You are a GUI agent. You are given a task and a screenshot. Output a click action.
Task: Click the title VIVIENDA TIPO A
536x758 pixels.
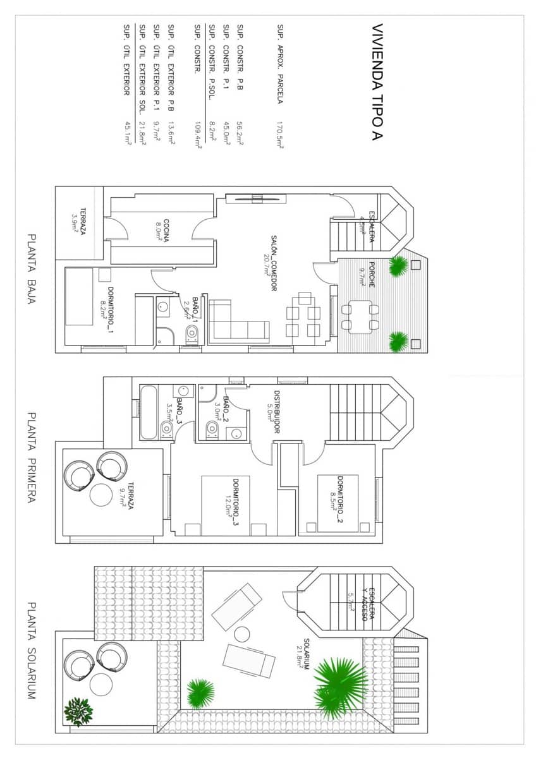point(377,82)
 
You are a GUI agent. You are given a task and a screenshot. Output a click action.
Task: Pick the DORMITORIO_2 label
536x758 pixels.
point(339,501)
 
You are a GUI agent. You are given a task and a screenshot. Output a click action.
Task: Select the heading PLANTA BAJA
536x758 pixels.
point(32,270)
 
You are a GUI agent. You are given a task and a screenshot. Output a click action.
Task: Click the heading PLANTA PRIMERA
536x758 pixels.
point(32,459)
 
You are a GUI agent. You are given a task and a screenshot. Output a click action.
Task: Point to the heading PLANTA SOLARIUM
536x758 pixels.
point(32,651)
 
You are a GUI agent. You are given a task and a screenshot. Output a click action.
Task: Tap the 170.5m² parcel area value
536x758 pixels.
point(279,135)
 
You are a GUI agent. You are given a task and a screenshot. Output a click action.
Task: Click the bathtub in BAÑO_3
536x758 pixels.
point(147,412)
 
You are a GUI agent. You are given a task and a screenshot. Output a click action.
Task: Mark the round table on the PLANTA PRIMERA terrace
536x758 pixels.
point(101,494)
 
